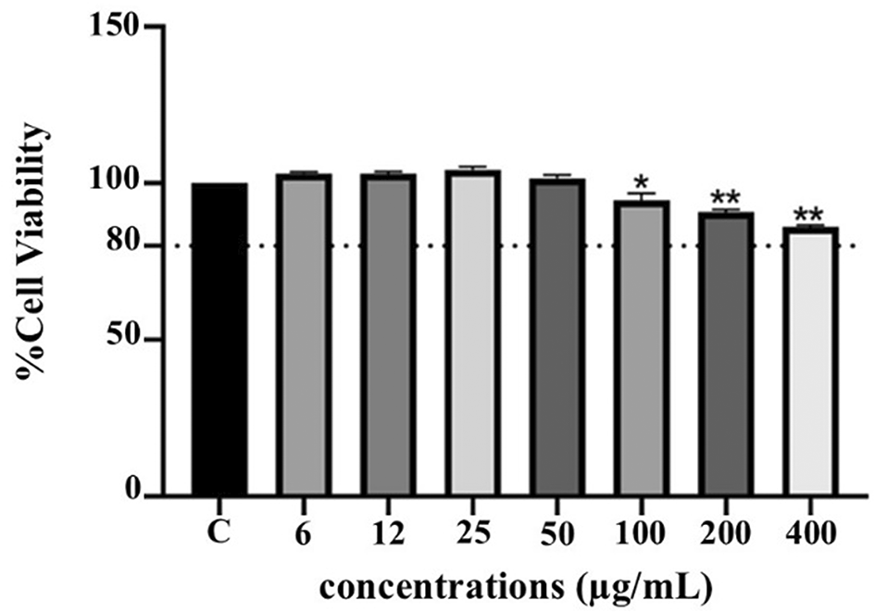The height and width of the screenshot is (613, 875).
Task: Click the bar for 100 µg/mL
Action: (641, 347)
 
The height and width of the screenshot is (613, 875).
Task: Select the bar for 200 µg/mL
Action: (725, 353)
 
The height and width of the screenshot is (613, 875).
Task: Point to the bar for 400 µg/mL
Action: (809, 360)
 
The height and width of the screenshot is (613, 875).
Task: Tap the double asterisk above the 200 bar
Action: (724, 197)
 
